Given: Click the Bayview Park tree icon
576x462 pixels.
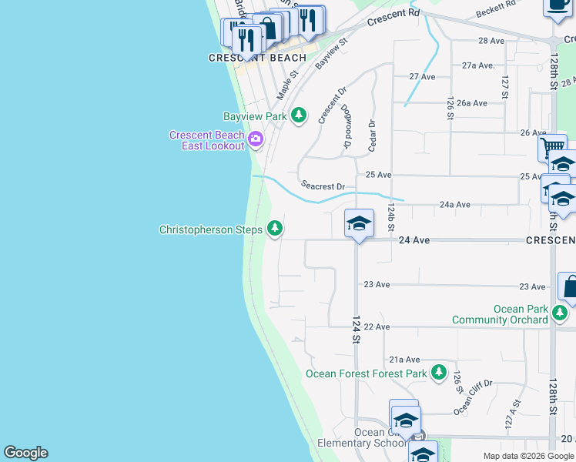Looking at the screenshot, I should click(299, 116).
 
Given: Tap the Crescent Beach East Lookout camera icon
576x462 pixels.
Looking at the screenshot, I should click(255, 140).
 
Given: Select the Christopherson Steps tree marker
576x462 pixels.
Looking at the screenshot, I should click(274, 229).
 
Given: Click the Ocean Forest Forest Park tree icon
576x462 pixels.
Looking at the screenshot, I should click(438, 373).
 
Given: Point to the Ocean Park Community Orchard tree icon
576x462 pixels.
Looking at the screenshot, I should click(561, 313).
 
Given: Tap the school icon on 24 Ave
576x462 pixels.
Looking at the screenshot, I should click(359, 224).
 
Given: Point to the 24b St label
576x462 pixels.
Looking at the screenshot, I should click(391, 218).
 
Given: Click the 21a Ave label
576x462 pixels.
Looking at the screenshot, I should click(404, 360).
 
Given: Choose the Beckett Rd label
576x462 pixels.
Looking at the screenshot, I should click(495, 9).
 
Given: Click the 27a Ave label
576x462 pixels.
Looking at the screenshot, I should click(477, 65).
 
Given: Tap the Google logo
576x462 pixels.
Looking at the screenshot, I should click(25, 453).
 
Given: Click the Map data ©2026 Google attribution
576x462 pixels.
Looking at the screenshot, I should click(527, 456).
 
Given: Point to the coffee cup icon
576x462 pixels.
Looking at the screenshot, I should click(558, 5).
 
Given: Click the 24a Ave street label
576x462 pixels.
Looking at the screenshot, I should click(454, 205).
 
